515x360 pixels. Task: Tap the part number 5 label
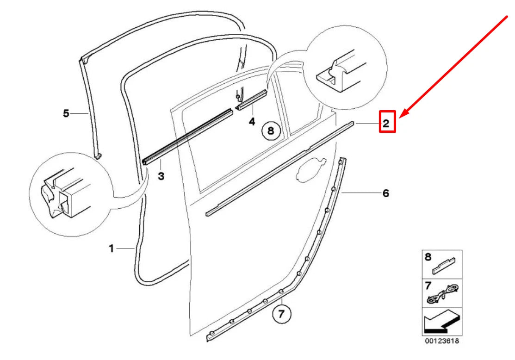(66, 112)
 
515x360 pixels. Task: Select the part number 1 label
(111, 248)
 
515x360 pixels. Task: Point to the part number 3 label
(161, 176)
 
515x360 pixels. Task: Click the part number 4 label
(252, 122)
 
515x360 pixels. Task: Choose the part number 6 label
(385, 193)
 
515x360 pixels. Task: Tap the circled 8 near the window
(271, 131)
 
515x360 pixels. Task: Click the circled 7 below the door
(282, 315)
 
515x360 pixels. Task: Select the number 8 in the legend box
(428, 256)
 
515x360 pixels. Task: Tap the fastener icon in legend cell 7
(443, 294)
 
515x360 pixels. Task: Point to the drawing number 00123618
(441, 341)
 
